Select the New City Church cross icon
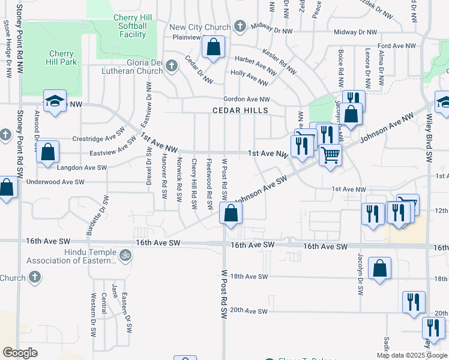(240, 26)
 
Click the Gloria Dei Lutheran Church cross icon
(172, 66)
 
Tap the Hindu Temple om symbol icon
(125, 254)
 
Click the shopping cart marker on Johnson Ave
(330, 155)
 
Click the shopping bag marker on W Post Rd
(231, 213)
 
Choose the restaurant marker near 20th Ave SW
(414, 302)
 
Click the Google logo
(20, 352)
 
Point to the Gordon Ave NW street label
(246, 99)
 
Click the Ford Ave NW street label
(397, 46)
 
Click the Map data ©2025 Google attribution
(411, 355)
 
